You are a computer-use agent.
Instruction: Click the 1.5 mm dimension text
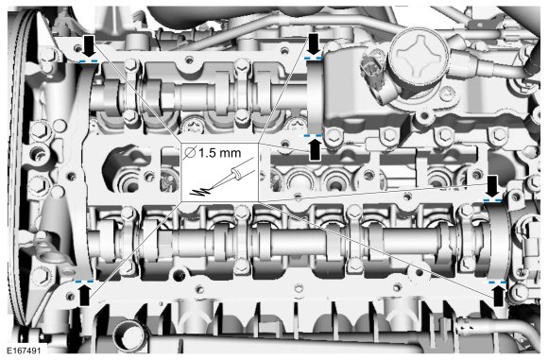(220, 153)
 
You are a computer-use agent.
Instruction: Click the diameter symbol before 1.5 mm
(190, 153)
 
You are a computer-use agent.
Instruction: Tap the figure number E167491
(24, 351)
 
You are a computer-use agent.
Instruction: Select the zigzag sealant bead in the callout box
(200, 191)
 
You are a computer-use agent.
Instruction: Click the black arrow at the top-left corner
(89, 45)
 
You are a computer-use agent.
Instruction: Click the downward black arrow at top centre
(315, 43)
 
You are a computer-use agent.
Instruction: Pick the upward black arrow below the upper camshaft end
(316, 149)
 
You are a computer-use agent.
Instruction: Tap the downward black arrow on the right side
(493, 187)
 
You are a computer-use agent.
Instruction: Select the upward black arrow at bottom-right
(498, 296)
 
